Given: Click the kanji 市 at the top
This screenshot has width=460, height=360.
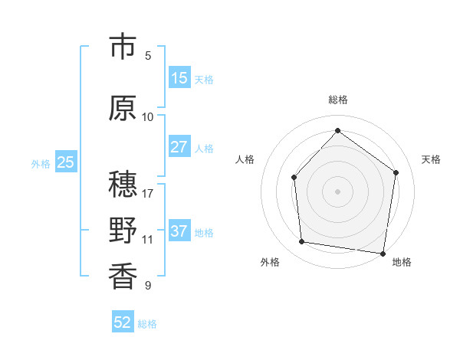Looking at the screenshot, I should tap(123, 47).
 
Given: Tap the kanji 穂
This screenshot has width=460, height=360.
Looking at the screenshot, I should tap(123, 185).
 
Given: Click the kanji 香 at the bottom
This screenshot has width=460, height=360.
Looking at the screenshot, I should tap(123, 277).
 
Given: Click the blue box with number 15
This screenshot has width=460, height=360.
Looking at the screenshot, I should tap(179, 78).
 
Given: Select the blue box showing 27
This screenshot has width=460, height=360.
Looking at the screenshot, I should tap(179, 147).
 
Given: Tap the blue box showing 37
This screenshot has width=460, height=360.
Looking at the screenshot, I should tap(179, 231).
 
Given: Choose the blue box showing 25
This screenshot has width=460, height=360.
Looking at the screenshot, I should tap(65, 162).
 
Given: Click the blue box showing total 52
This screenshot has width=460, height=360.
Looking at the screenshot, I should tap(123, 322).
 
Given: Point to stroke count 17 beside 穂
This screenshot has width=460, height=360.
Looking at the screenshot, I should tap(148, 193).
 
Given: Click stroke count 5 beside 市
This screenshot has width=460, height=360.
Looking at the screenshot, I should tap(148, 55).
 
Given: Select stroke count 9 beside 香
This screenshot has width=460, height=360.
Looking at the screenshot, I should tap(148, 286).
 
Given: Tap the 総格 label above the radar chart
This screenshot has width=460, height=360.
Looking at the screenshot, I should tap(337, 100).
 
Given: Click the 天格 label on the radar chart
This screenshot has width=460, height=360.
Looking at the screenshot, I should tap(431, 159).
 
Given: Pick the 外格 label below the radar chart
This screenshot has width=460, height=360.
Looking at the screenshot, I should tap(270, 262).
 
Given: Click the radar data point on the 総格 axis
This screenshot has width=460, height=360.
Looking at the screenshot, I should tap(337, 130).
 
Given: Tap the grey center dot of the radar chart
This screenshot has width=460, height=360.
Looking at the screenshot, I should tap(337, 191).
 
